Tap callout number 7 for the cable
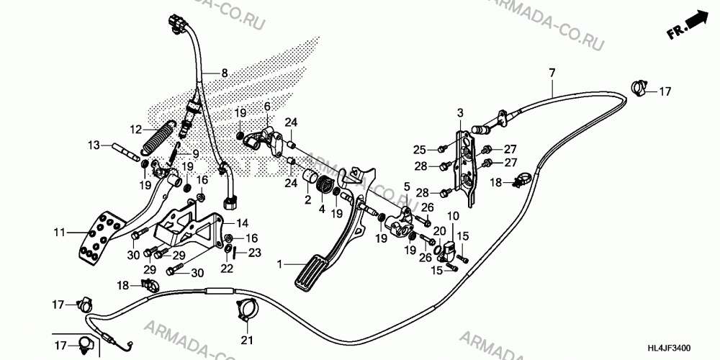click(552, 73)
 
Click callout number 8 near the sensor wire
click(224, 73)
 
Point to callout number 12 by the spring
click(135, 130)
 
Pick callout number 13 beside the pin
click(94, 145)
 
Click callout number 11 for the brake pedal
click(59, 233)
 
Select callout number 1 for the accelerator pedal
click(279, 264)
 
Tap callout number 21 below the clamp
click(248, 341)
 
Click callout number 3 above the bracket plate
click(460, 112)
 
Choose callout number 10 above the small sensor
click(453, 215)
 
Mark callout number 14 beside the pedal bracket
click(242, 224)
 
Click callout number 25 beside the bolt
click(419, 149)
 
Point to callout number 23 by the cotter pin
click(255, 252)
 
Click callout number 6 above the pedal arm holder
click(267, 107)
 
